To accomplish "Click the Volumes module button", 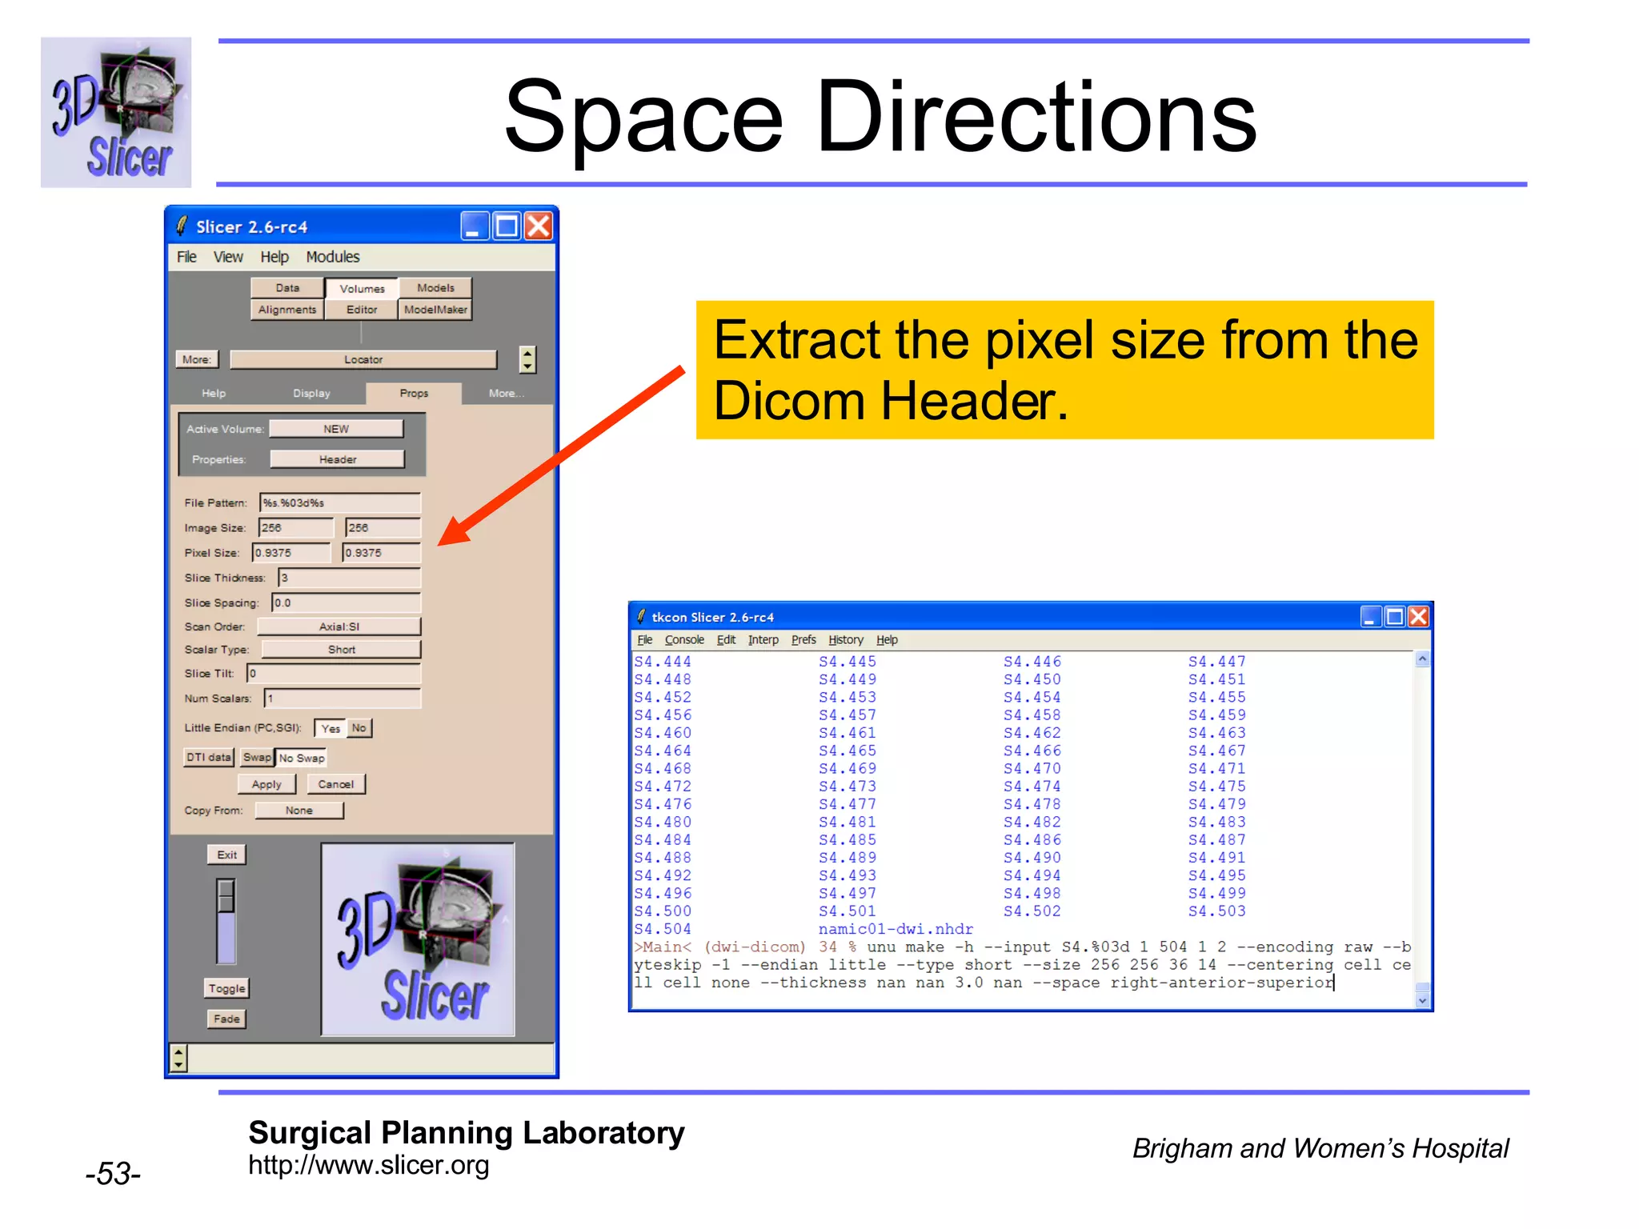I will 362,289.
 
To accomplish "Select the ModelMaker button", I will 435,310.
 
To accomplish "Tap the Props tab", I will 414,394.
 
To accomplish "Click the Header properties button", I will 337,459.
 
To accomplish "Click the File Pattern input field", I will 340,503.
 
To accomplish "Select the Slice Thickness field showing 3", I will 349,578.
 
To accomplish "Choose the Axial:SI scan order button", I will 339,627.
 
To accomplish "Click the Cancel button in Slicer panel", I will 335,785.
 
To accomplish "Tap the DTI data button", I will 209,758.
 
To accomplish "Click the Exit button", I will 226,855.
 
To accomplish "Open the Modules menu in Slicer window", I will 333,257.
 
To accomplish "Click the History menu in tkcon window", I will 846,640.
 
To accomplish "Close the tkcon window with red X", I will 1419,617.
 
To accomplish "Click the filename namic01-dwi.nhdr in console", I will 896,930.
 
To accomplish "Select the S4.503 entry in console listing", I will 1216,911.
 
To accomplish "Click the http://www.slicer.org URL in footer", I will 368,1166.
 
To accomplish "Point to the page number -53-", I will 113,1174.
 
